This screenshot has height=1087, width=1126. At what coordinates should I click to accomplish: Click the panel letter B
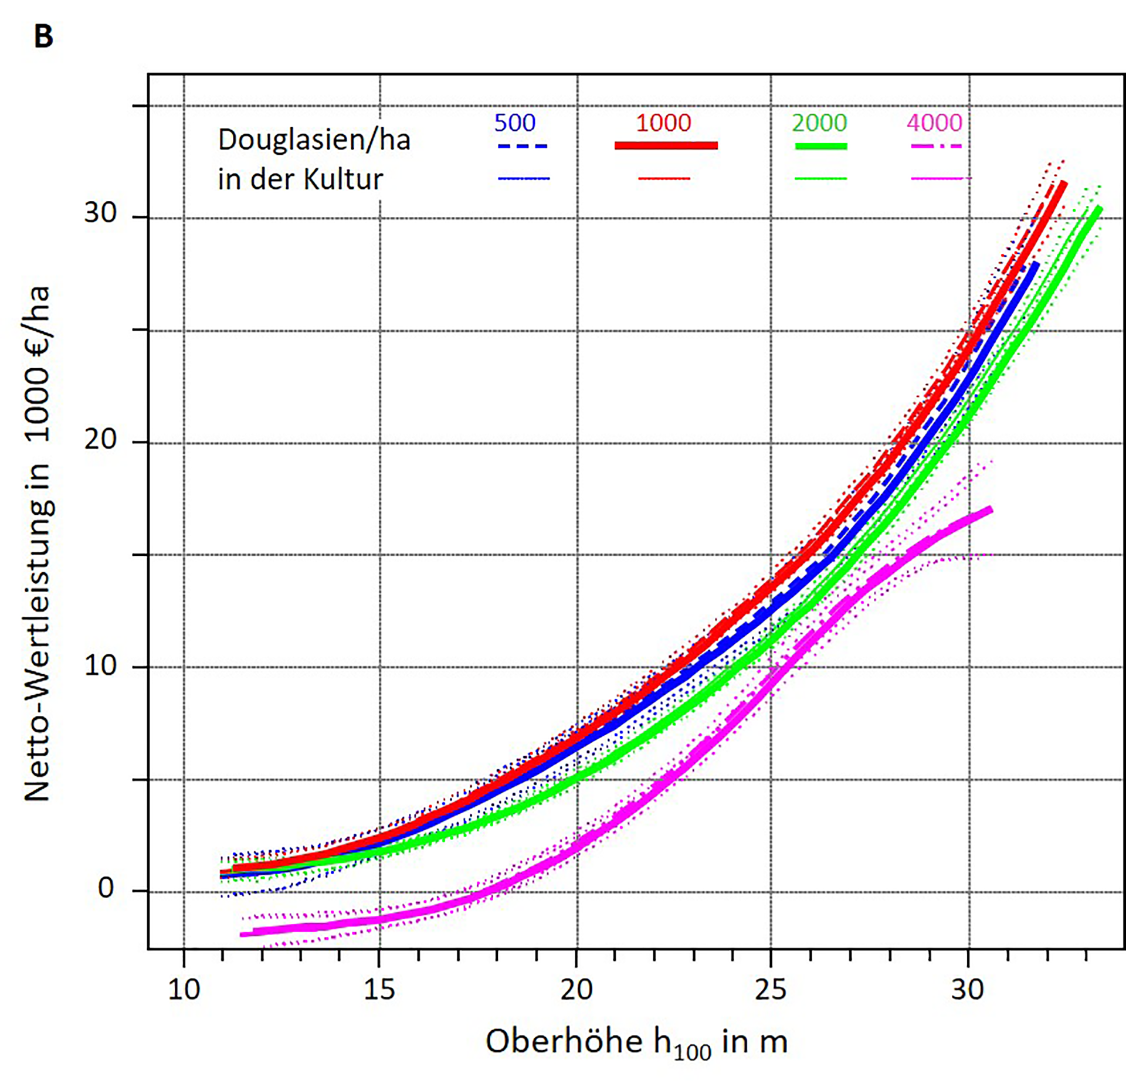(x=44, y=36)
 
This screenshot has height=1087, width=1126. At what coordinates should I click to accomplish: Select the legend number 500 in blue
(x=514, y=123)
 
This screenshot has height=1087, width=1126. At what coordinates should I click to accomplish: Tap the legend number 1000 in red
(x=663, y=123)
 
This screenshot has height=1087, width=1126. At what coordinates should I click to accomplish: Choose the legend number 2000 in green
(x=819, y=123)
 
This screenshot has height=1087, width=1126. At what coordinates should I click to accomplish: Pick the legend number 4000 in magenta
(x=934, y=123)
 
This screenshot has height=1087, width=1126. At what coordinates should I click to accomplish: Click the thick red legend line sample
(x=666, y=145)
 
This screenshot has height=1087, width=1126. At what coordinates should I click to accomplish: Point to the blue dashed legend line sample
(x=522, y=146)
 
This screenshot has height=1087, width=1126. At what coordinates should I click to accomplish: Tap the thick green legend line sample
(x=820, y=146)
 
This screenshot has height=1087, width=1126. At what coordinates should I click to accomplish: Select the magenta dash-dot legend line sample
(x=936, y=146)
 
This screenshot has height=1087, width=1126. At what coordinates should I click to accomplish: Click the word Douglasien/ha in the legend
(x=314, y=141)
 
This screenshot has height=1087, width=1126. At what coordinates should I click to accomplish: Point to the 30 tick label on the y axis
(x=100, y=212)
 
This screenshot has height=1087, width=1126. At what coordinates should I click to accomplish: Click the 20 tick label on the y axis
(x=100, y=439)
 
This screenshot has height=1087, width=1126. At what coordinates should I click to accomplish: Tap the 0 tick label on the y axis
(x=106, y=888)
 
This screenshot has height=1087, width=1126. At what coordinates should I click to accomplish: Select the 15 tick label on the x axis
(x=379, y=990)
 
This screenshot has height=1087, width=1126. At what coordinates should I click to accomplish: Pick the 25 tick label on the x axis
(x=770, y=990)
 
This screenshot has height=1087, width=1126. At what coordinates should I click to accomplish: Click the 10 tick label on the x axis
(x=184, y=990)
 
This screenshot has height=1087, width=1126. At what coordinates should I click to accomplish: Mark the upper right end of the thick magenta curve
(x=991, y=510)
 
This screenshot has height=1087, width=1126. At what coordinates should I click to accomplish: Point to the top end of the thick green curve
(x=1099, y=209)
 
